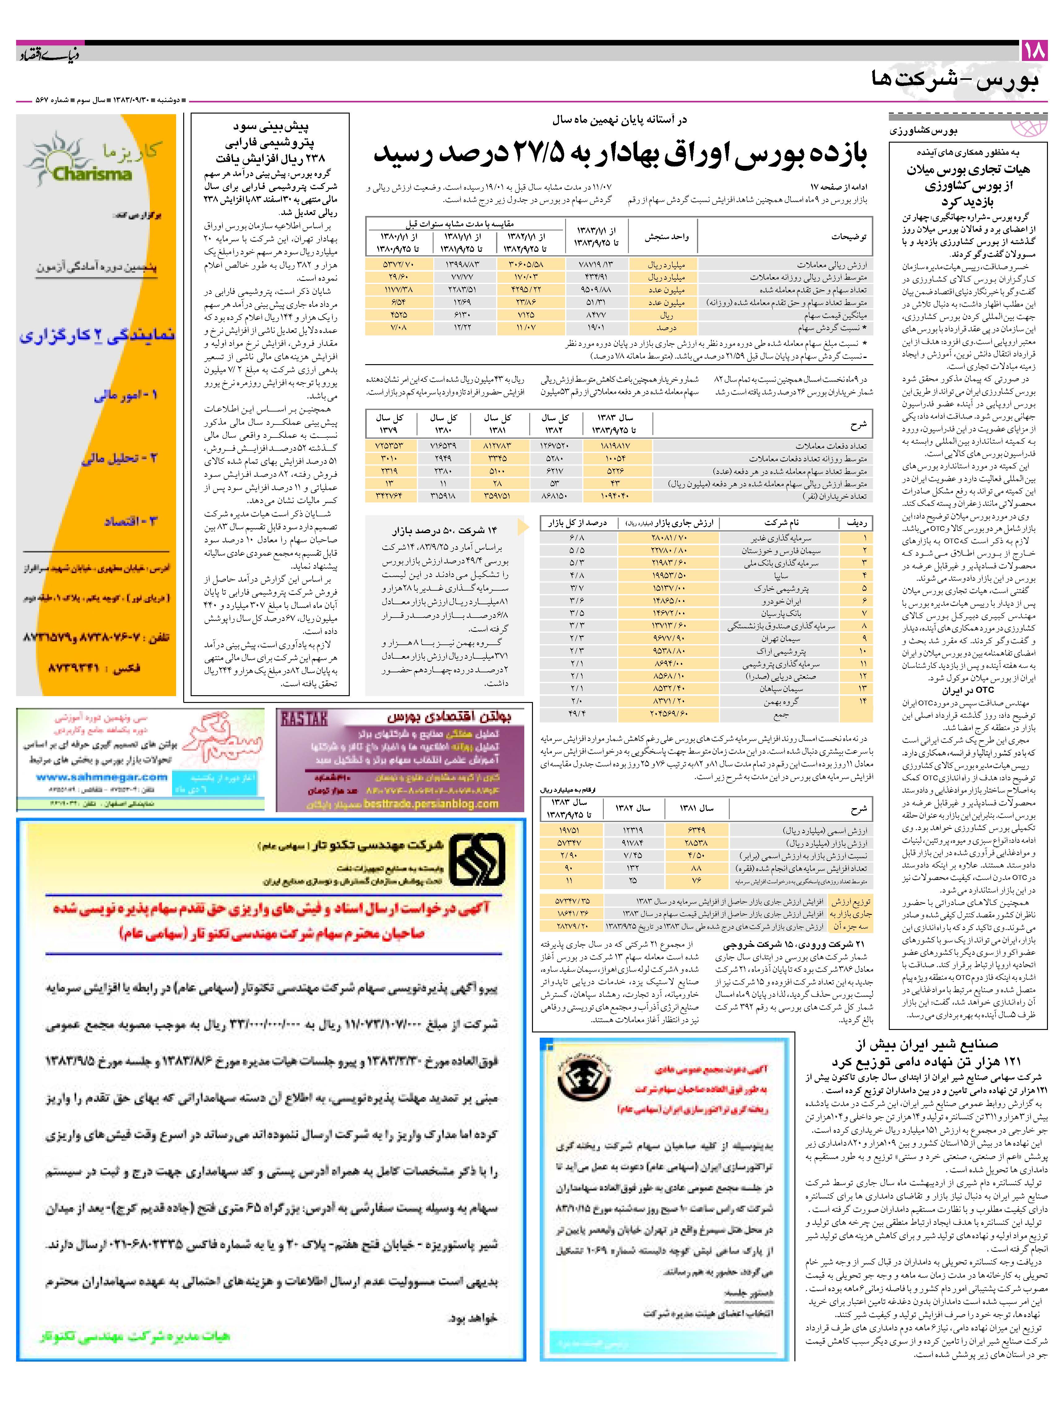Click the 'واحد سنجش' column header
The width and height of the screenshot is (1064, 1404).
point(667,237)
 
